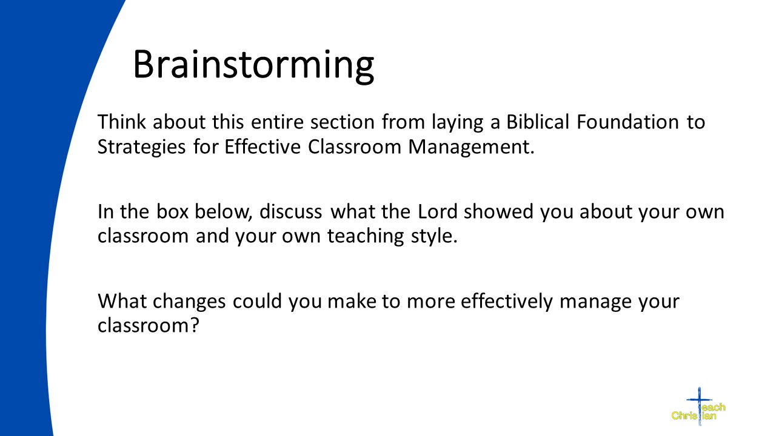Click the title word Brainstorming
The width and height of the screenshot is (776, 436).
(x=253, y=66)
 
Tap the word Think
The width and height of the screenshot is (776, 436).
(x=121, y=122)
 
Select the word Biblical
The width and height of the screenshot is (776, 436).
(x=538, y=122)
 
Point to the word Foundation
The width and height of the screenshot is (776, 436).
(x=627, y=122)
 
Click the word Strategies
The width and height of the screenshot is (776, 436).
(x=142, y=147)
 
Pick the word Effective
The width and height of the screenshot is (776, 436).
(x=263, y=147)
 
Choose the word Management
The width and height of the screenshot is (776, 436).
(x=471, y=147)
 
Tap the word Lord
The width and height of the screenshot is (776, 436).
(x=438, y=211)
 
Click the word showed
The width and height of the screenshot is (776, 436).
(x=498, y=211)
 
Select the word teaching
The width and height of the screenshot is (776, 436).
(x=366, y=237)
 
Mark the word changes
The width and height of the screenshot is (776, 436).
(x=189, y=302)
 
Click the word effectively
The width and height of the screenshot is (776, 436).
(x=506, y=302)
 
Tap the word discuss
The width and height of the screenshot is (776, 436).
(x=290, y=211)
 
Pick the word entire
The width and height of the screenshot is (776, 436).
(x=277, y=122)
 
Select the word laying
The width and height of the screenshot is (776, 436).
(x=457, y=122)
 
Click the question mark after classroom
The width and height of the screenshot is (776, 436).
(x=195, y=325)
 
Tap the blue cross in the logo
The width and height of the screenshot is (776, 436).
(x=700, y=406)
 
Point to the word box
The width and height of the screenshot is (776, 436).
(x=172, y=211)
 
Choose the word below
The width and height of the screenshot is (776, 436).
(x=223, y=212)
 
